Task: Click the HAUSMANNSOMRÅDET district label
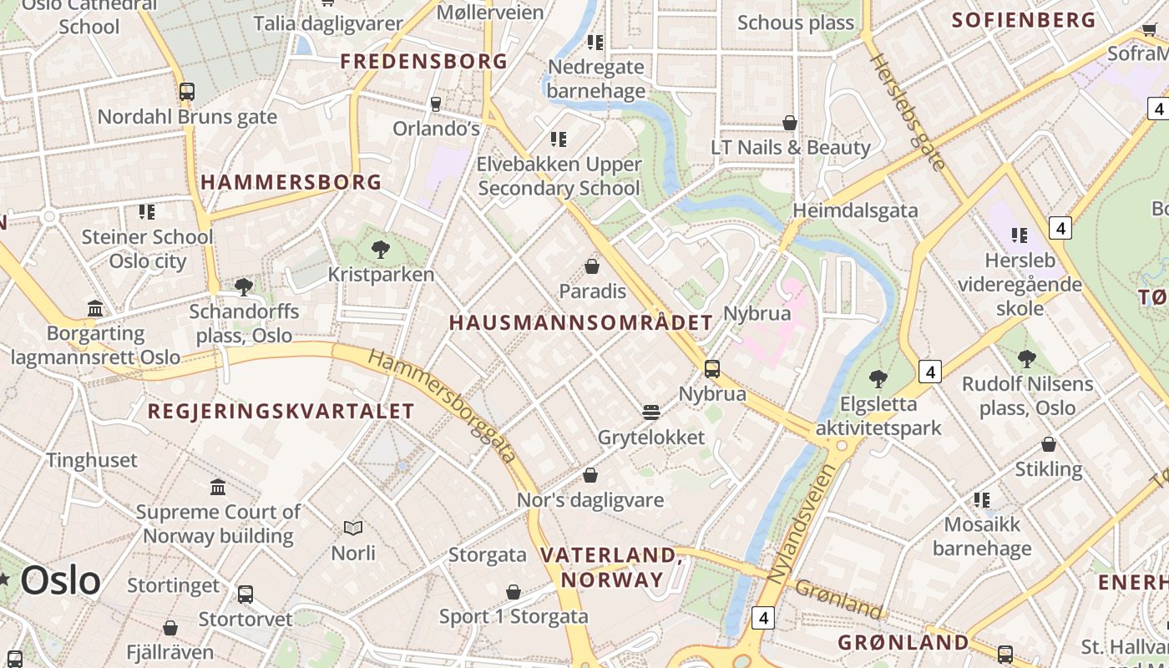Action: tap(581, 323)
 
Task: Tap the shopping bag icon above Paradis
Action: tap(592, 266)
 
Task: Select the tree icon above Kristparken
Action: tap(381, 249)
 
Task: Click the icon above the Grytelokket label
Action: tap(651, 412)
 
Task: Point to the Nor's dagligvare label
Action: tap(590, 500)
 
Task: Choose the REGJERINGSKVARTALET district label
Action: tap(281, 411)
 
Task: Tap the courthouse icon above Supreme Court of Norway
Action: tap(218, 487)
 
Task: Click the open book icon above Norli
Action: tap(353, 528)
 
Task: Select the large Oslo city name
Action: tap(60, 579)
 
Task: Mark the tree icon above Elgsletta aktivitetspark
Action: tap(878, 378)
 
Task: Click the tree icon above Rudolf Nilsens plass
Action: tap(1027, 359)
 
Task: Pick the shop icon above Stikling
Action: tap(1049, 444)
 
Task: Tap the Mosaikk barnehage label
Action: tap(982, 536)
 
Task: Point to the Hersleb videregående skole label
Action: tap(1019, 285)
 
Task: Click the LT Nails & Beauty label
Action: tap(790, 148)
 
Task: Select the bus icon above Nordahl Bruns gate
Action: tap(187, 92)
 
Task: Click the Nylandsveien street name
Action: tap(801, 524)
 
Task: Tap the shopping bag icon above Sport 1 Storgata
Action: tap(514, 592)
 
